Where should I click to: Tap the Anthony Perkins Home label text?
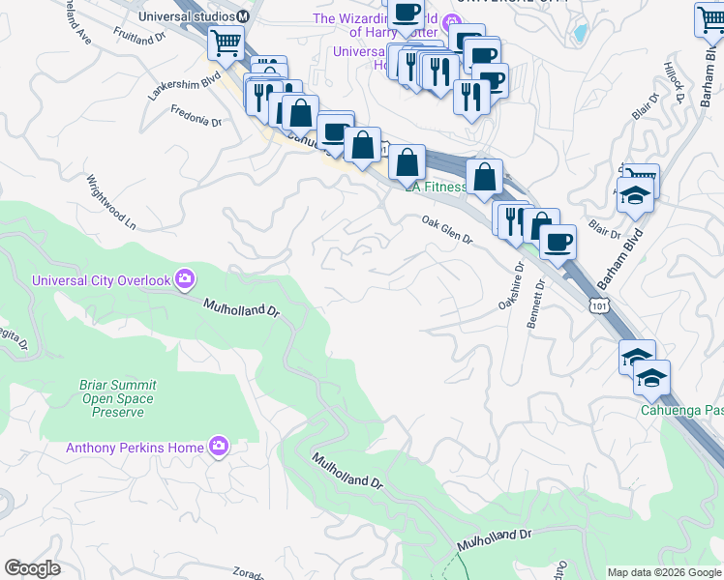pyautogui.click(x=135, y=448)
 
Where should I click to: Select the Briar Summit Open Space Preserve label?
pyautogui.click(x=118, y=398)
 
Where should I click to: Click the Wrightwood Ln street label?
pyautogui.click(x=110, y=201)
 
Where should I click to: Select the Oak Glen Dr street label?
pyautogui.click(x=446, y=230)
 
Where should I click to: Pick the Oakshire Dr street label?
pyautogui.click(x=510, y=285)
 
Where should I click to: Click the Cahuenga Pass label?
pyautogui.click(x=681, y=410)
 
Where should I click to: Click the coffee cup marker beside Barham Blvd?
pyautogui.click(x=557, y=241)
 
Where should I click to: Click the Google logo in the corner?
pyautogui.click(x=33, y=568)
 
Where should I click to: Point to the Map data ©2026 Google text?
pyautogui.click(x=663, y=572)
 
